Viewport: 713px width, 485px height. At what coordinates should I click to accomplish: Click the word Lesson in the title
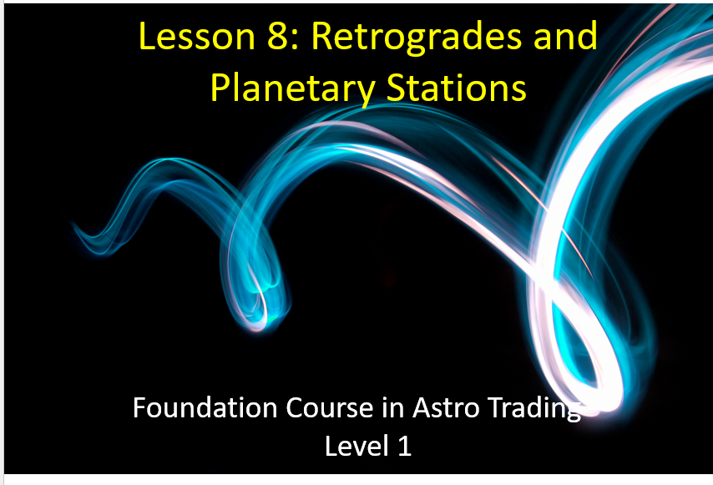(196, 36)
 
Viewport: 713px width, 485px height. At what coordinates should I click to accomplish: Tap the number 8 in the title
(276, 36)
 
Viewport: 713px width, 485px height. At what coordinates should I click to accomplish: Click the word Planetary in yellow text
(292, 89)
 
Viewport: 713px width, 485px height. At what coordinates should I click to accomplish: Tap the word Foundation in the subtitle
(205, 407)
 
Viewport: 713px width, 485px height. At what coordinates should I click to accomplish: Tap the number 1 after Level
(405, 446)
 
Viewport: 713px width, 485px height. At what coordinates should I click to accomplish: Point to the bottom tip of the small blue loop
(257, 328)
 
